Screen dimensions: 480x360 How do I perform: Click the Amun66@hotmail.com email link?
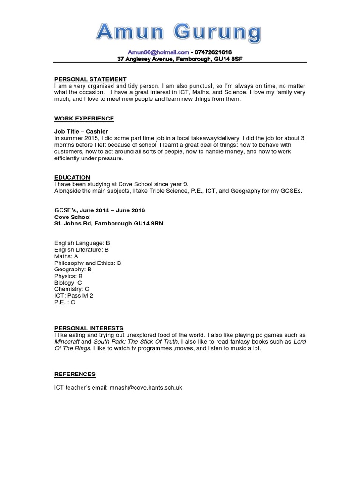pyautogui.click(x=158, y=52)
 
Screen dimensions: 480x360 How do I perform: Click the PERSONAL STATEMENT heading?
pyautogui.click(x=90, y=79)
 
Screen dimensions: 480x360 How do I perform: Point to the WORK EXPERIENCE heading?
pyautogui.click(x=84, y=119)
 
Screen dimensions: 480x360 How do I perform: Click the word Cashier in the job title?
pyautogui.click(x=97, y=132)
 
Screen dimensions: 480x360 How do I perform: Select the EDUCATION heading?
pyautogui.click(x=72, y=178)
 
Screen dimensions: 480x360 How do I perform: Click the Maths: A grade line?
pyautogui.click(x=66, y=256)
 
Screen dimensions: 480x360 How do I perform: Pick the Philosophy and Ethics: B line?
pyautogui.click(x=88, y=263)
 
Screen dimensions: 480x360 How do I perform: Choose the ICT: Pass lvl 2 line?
pyautogui.click(x=74, y=296)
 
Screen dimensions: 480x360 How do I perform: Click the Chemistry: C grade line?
pyautogui.click(x=71, y=289)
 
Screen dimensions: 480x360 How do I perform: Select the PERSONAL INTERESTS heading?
pyautogui.click(x=89, y=328)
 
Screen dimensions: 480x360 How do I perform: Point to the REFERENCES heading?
pyautogui.click(x=75, y=374)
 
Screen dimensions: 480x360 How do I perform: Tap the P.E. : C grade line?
pyautogui.click(x=65, y=302)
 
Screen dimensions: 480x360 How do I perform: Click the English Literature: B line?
pyautogui.click(x=82, y=250)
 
